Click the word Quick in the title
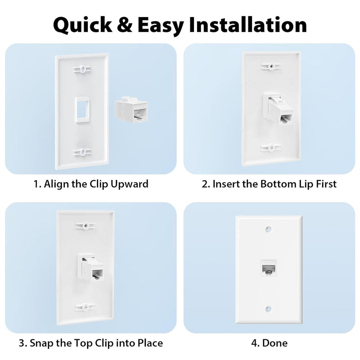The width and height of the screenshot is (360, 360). coord(83,25)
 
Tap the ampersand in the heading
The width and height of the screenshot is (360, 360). coord(125,25)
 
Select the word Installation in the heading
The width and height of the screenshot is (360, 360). coord(248,24)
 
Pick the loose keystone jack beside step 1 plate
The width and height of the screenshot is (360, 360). coord(131,109)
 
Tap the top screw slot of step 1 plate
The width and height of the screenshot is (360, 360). coord(83,69)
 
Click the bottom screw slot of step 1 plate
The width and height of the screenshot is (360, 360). coord(83,152)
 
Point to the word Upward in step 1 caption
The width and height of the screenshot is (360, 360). coord(130,184)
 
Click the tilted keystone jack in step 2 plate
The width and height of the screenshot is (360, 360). coord(278,108)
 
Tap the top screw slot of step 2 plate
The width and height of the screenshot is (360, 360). coord(271,66)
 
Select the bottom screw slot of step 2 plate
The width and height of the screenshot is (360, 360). coord(271,148)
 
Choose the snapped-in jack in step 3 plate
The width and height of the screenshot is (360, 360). coord(91,267)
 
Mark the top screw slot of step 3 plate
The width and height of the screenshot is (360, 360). coord(85,226)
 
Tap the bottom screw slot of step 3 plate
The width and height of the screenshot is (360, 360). coord(85,306)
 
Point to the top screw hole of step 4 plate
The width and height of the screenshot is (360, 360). coord(269,229)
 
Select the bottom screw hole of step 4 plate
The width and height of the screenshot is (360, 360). coord(269,309)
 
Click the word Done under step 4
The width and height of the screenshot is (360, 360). coord(275,343)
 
